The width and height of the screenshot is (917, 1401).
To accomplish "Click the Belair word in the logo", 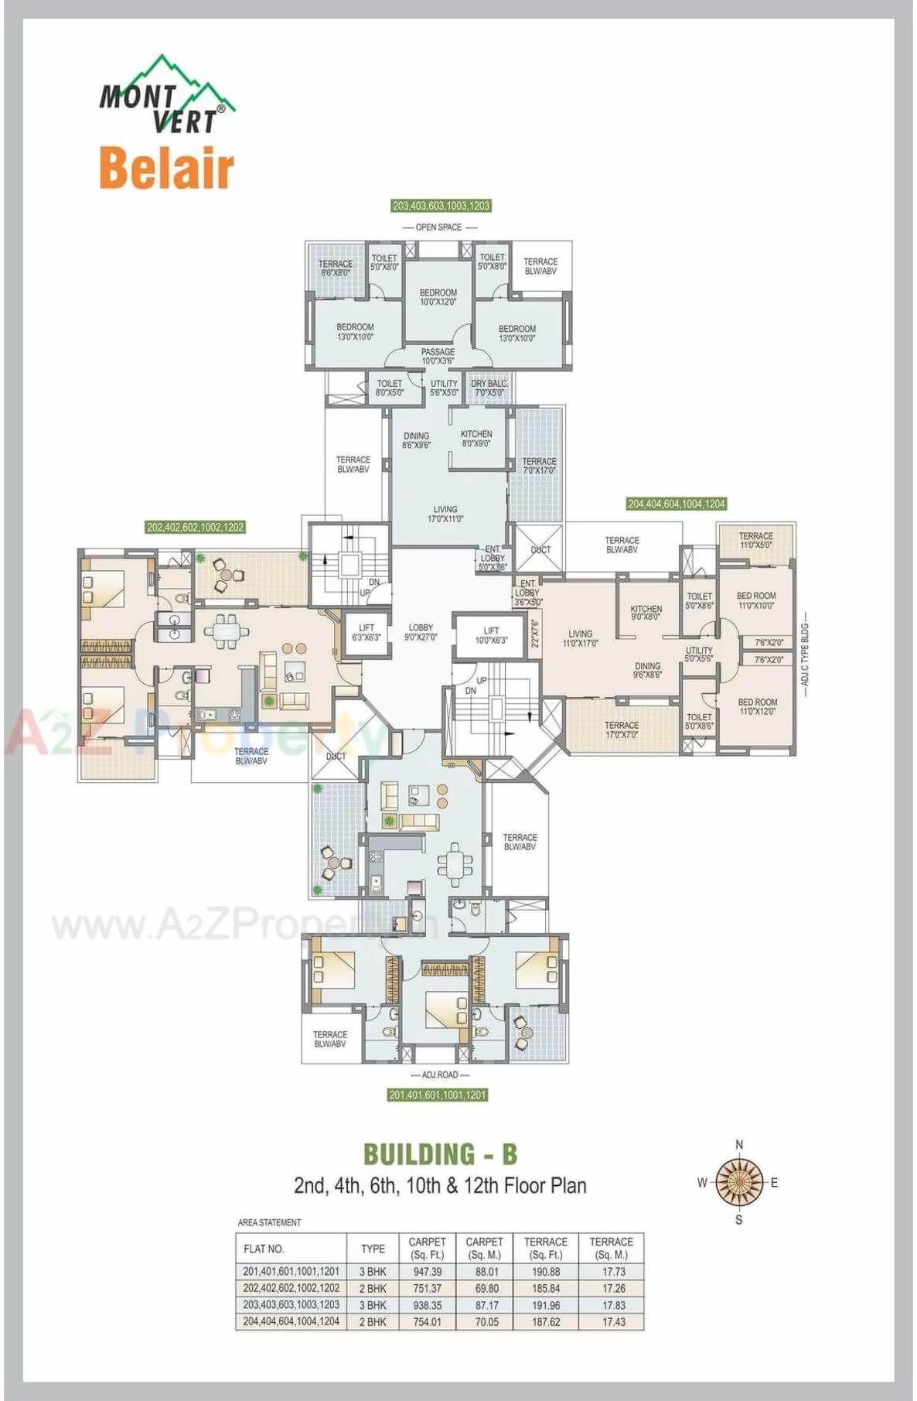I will click(166, 168).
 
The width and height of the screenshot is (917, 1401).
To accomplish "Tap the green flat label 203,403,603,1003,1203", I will click(441, 206).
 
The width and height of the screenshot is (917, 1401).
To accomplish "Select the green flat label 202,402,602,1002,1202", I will click(195, 528).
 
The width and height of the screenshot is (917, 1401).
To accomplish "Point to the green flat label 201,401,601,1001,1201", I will click(438, 1095).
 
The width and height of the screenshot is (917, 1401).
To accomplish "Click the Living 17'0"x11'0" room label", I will click(445, 514).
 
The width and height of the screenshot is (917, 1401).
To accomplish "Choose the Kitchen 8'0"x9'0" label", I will click(476, 439).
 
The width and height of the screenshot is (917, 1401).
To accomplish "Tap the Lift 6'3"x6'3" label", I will click(366, 633).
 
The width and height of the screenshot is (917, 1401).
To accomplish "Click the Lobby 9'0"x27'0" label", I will click(421, 633).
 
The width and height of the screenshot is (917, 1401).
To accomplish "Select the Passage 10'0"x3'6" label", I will click(438, 357).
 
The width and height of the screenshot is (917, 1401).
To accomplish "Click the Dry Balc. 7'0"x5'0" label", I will click(489, 388).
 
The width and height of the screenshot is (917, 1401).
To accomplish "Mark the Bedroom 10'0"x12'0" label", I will click(438, 297).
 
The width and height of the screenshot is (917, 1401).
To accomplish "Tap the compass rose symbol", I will click(739, 1182).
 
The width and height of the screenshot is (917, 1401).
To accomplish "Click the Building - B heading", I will click(440, 1154).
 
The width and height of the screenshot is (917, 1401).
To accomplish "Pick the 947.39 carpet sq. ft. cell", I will click(427, 1271).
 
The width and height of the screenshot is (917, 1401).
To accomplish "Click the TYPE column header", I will click(373, 1249).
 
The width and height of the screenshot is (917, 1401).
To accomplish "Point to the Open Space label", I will click(438, 227).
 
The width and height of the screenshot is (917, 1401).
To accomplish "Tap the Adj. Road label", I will click(440, 1075).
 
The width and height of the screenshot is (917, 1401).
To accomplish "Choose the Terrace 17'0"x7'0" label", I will click(622, 730).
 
